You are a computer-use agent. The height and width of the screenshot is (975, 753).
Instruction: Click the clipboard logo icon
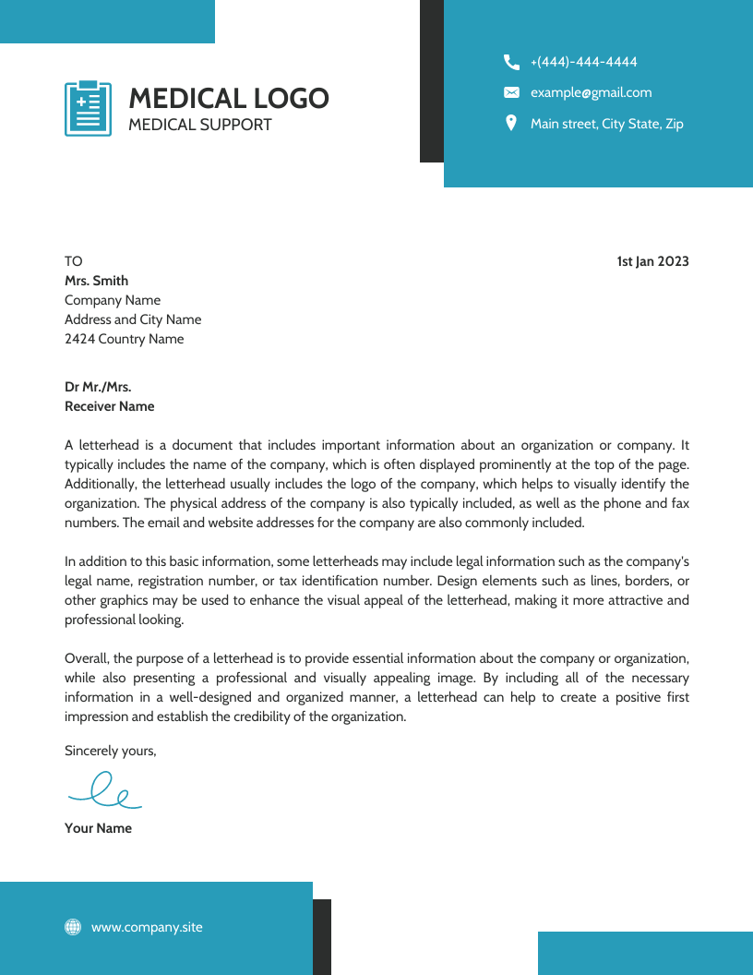coord(88,108)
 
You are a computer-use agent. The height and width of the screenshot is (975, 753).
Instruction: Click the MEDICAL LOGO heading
coord(228,99)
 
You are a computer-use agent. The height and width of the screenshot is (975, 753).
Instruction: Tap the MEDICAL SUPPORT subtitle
coord(199,125)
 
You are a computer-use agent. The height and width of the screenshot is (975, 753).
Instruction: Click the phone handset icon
coord(511,62)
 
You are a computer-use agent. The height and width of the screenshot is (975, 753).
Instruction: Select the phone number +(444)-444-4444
coord(583,62)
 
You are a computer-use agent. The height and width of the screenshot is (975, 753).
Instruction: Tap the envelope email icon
coord(511,92)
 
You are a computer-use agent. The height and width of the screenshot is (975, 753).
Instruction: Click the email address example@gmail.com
coord(591,92)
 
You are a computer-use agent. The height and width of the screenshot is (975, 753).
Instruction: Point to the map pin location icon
coord(511,123)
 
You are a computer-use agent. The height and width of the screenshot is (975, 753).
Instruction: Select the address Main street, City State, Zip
coord(606,124)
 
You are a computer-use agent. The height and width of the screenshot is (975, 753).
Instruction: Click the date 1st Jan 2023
coord(652,261)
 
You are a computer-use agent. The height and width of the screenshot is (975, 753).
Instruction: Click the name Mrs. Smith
coord(96,281)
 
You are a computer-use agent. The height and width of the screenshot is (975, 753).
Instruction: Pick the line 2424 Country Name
coord(124,339)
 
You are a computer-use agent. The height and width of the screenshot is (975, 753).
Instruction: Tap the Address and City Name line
coord(132,319)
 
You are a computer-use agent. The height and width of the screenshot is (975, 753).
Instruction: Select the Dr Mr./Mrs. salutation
coord(97,387)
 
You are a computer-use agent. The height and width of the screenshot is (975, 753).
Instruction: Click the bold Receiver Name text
coord(109,406)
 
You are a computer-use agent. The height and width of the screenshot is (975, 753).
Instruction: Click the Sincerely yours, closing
coord(110,751)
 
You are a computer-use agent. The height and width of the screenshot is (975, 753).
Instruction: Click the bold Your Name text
coord(98,828)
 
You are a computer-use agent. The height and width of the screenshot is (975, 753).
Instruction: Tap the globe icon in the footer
coord(73,927)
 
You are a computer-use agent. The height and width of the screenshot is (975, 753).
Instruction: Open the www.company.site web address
coord(146,927)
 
